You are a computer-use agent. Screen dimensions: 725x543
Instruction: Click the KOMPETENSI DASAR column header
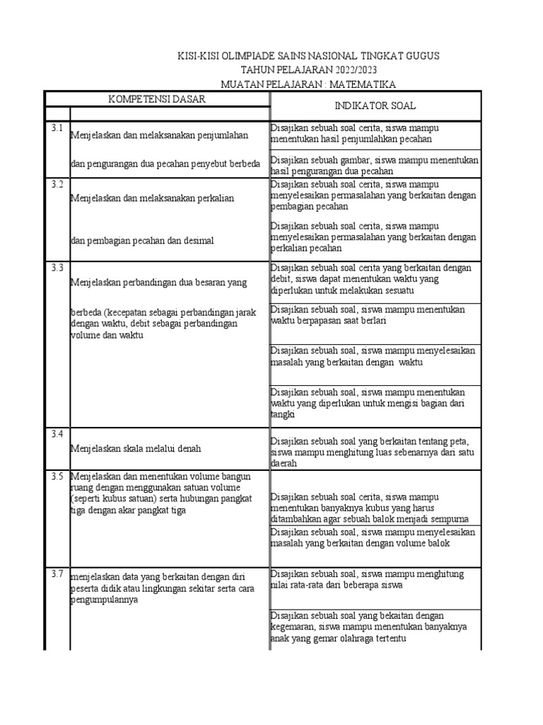157,99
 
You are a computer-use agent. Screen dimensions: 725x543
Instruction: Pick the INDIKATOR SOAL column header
375,105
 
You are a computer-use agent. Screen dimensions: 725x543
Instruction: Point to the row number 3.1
57,128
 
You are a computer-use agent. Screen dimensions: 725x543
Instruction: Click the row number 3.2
57,184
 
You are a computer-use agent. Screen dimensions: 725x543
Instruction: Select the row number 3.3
57,268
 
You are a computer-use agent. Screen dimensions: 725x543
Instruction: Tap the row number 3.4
57,433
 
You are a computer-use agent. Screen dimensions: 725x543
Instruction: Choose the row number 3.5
57,476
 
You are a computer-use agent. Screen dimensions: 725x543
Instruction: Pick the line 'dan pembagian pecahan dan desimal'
142,241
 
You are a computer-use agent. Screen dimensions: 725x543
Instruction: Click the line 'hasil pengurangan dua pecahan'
332,171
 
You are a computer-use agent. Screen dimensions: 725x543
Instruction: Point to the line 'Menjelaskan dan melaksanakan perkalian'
152,198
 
